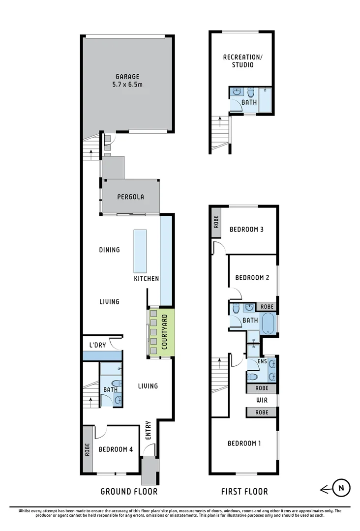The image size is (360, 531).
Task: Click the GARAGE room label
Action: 127,77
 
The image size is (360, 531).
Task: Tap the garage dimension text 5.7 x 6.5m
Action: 127,85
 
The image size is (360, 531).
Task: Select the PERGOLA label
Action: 130,197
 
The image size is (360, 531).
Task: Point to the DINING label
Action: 109,250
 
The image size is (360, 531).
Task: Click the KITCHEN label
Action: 146,279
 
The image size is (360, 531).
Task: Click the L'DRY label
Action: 97,345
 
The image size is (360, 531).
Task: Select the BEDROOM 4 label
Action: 116,449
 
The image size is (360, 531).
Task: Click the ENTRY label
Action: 148,430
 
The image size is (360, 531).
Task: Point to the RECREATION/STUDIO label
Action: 243,61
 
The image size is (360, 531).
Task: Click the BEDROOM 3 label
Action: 246,229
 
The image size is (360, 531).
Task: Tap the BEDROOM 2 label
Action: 252,278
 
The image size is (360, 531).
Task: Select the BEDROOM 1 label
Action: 244,443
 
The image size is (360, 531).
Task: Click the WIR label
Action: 262,400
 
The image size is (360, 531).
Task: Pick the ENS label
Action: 262,361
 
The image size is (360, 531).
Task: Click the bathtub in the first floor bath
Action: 269,324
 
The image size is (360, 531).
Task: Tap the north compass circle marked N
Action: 341,488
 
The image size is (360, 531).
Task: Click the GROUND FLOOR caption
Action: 129,491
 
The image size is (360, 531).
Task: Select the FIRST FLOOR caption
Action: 244,491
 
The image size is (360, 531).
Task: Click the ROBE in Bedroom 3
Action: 216,222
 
